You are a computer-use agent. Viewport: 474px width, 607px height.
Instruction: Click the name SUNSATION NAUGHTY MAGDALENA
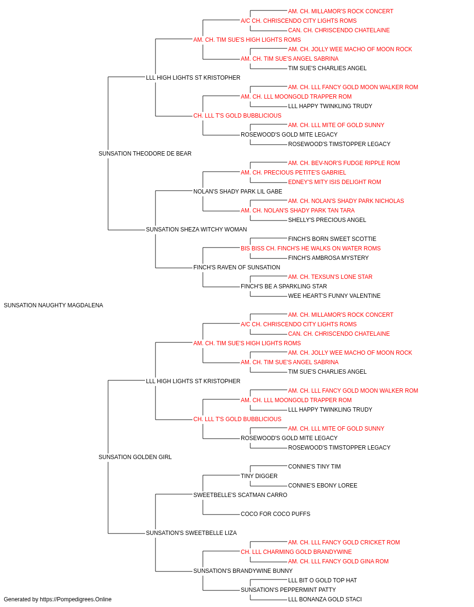point(53,305)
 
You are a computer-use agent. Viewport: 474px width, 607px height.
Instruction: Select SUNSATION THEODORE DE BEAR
point(145,154)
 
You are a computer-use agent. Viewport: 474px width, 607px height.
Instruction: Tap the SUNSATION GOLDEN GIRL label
point(135,457)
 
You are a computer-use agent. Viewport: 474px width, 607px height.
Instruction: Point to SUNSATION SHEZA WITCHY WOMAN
point(196,230)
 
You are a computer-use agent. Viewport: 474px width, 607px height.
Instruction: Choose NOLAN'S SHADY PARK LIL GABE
point(237,191)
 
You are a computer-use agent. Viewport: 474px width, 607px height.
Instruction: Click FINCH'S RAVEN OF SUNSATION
point(237,267)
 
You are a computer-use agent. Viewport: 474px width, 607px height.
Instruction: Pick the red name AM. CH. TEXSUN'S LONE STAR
point(330,277)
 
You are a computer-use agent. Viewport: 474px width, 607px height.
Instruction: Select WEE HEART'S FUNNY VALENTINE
point(334,296)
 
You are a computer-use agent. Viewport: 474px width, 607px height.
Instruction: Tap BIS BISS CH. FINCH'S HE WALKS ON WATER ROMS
point(310,248)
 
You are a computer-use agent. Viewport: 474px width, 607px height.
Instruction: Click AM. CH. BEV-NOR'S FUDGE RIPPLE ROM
point(344,163)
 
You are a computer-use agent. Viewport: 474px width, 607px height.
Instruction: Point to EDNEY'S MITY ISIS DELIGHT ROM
point(335,182)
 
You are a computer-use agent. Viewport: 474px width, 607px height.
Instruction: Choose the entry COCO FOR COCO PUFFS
point(275,514)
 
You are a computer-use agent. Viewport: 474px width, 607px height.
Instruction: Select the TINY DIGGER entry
point(259,476)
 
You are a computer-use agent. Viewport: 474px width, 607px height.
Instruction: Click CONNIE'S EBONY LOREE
point(323,486)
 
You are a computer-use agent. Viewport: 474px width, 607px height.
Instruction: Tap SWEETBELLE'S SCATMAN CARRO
point(240,495)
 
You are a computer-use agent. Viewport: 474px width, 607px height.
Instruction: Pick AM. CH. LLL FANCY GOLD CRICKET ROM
point(344,543)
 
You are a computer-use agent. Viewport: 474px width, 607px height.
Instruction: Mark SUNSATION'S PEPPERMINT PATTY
point(288,589)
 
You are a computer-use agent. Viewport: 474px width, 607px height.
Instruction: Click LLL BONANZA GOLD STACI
point(325,599)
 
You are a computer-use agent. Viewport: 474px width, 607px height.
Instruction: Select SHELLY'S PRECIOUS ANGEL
point(327,220)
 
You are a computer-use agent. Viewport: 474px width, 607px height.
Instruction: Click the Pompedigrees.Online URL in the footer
point(76,599)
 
